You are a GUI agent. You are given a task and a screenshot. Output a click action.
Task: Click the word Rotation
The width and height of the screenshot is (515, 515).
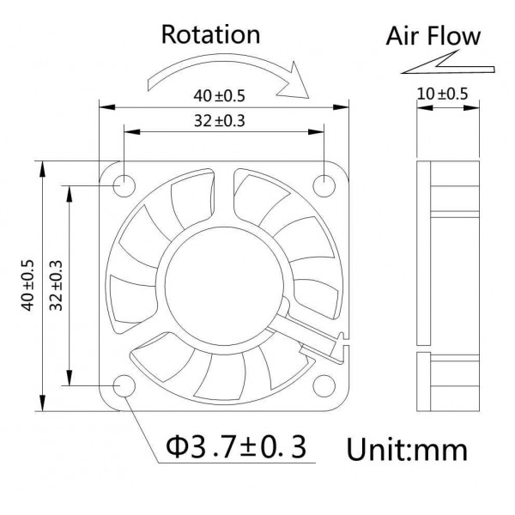coord(210,34)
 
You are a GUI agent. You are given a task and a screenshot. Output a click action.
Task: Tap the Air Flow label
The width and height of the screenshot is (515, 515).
coord(433,37)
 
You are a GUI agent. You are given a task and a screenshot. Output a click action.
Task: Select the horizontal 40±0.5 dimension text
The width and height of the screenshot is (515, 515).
coord(223,95)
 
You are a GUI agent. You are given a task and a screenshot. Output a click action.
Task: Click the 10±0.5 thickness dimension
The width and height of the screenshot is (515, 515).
coord(442,95)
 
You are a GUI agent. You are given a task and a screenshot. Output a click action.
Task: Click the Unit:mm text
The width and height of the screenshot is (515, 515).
coord(407,449)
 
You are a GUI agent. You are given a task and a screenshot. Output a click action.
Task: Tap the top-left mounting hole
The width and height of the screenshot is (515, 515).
coord(123,184)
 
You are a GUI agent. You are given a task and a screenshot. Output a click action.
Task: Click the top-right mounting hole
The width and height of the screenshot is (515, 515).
coord(325,184)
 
